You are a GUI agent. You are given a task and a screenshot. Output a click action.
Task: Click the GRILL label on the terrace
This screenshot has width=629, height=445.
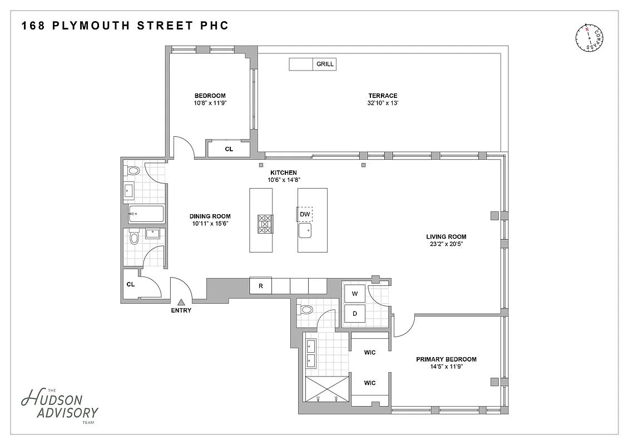[x=325, y=64]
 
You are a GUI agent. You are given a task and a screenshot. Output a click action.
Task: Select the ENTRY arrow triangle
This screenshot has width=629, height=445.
[x=181, y=302]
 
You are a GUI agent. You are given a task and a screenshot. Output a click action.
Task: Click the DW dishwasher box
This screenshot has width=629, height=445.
[x=305, y=214]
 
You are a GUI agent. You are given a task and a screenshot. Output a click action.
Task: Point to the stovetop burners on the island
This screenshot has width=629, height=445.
[x=265, y=224]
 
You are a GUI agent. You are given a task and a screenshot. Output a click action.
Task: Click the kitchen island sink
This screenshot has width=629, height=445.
[x=305, y=230]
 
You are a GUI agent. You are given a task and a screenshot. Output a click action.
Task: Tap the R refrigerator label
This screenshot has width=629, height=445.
[x=260, y=286]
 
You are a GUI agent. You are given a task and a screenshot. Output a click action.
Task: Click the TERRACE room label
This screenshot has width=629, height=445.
[x=382, y=96]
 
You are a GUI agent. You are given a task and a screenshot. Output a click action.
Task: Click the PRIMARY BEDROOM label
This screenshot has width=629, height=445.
[x=446, y=359]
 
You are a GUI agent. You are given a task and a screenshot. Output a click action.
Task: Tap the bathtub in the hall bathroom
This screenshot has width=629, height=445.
[x=146, y=213]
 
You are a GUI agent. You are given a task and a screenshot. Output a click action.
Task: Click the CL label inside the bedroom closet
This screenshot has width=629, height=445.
[x=229, y=149]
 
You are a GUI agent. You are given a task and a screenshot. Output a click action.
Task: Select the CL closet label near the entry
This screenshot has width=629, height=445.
[x=131, y=284]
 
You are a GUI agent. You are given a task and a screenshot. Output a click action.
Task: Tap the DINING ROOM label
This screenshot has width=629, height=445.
[x=210, y=216]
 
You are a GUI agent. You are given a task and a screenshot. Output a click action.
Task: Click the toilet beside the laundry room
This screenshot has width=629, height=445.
[x=306, y=310]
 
